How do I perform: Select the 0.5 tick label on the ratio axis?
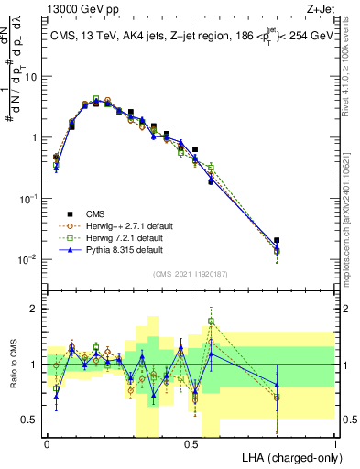(x=32, y=420)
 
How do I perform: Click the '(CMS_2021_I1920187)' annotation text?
(x=190, y=272)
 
